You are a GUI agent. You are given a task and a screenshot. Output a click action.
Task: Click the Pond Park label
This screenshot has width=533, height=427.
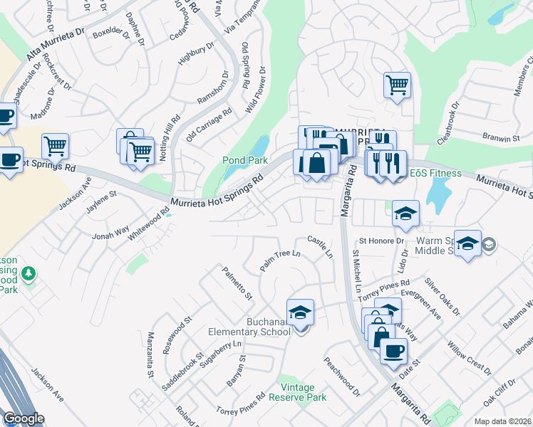(x=244, y=161)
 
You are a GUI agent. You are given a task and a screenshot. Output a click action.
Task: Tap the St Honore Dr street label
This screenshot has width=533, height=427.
(x=381, y=241)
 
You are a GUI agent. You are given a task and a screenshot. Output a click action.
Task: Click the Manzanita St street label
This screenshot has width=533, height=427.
(x=150, y=354)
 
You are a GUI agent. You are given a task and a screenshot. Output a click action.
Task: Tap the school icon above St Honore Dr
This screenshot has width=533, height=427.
(x=405, y=213)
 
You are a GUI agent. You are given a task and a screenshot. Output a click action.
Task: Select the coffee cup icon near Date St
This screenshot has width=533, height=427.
(x=393, y=350)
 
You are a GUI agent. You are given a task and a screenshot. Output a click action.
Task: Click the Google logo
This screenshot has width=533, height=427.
(x=24, y=418)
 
